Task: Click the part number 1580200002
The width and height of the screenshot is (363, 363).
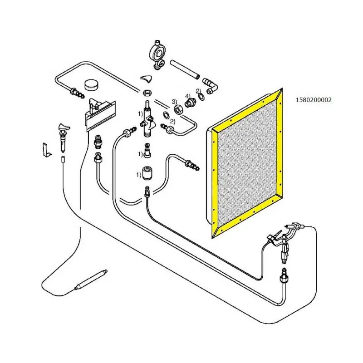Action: tap(314, 100)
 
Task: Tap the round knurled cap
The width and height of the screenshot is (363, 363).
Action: tap(92, 85)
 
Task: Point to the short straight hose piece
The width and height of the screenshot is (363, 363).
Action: tap(185, 69)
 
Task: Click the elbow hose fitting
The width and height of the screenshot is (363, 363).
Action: tap(210, 86)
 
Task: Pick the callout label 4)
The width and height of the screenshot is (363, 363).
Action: tap(187, 96)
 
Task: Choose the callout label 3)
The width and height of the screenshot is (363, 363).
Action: tap(174, 101)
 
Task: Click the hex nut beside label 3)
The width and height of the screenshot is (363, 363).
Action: tap(179, 108)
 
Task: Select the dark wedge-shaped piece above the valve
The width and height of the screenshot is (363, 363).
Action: tap(146, 78)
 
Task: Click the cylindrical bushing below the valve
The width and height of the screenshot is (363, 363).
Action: tap(147, 173)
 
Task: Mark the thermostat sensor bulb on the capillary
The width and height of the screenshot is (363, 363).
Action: tap(91, 280)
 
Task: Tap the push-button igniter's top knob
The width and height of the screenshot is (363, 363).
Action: tap(64, 127)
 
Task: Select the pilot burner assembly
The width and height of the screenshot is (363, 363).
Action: tap(285, 241)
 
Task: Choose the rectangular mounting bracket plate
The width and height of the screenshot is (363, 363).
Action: tap(101, 116)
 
